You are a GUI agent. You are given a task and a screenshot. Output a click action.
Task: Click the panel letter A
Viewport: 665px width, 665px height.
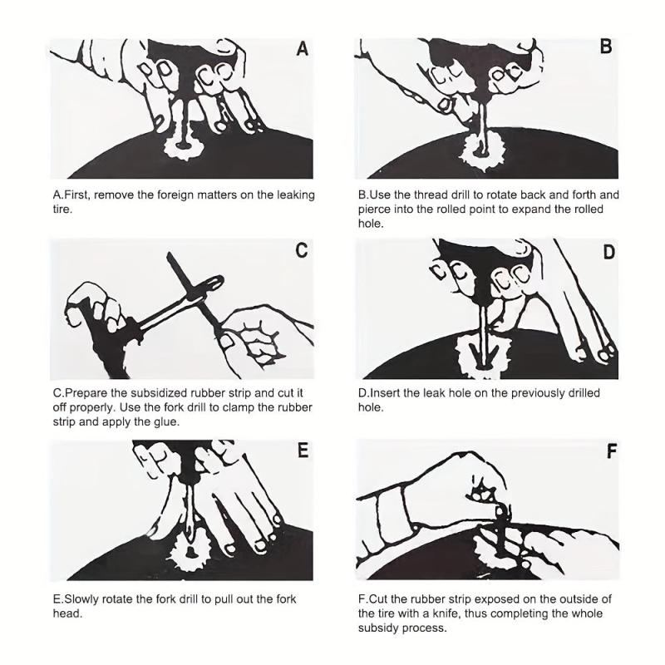pyautogui.click(x=302, y=49)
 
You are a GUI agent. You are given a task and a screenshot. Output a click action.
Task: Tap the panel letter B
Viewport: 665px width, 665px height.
pyautogui.click(x=606, y=47)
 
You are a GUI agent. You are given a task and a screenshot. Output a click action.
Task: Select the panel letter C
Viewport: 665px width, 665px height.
pyautogui.click(x=302, y=250)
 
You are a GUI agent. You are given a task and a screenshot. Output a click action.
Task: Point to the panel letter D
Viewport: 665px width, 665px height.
pyautogui.click(x=608, y=253)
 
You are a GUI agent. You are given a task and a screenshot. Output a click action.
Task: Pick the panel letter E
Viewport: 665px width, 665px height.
pyautogui.click(x=303, y=450)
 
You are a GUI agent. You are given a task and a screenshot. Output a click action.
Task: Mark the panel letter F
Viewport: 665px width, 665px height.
pyautogui.click(x=611, y=451)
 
